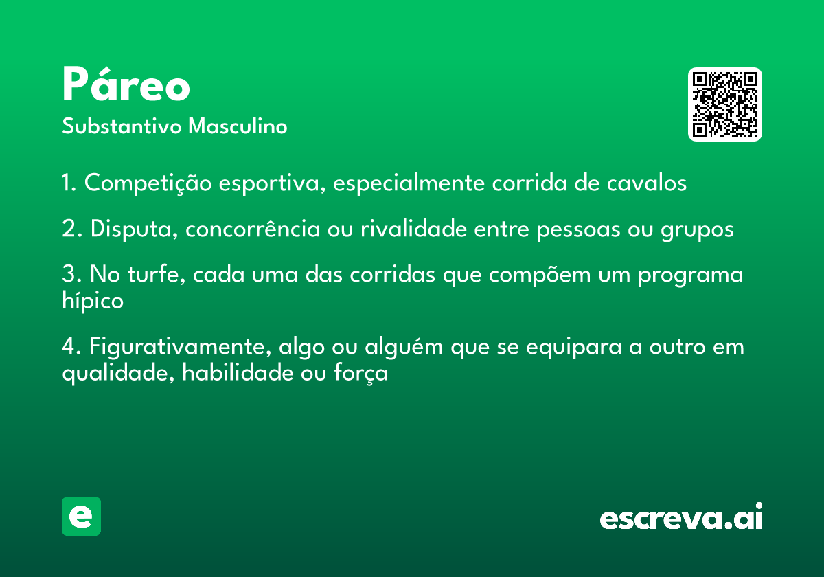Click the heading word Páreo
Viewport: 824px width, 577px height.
[126, 84]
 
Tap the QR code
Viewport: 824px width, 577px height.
[724, 104]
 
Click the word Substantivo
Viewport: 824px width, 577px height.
[122, 126]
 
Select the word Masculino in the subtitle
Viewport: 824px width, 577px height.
[238, 126]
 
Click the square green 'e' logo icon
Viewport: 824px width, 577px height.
[81, 516]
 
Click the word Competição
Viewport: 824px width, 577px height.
[148, 183]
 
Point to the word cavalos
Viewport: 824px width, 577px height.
[646, 183]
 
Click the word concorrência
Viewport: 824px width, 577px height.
[253, 229]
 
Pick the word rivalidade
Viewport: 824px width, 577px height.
[413, 229]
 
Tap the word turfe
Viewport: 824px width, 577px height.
[157, 274]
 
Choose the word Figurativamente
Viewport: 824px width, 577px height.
[180, 347]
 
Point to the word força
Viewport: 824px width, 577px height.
[360, 374]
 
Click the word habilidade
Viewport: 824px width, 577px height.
[238, 373]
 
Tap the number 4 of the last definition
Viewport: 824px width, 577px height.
[69, 346]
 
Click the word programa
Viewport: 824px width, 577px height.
[691, 275]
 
